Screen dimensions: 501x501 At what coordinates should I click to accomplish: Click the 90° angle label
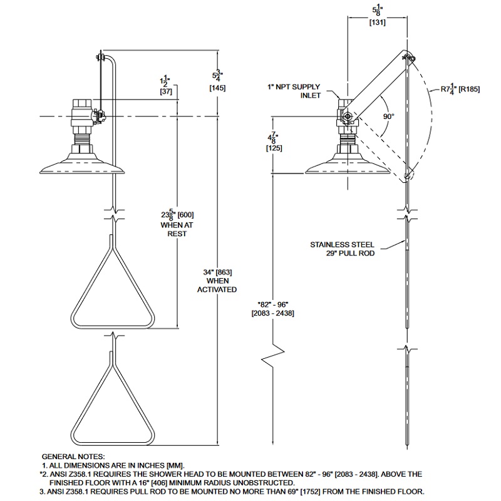(388, 116)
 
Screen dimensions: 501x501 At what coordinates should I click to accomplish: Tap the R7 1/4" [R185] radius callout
(460, 89)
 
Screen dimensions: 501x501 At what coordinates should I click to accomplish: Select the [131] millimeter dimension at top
(378, 23)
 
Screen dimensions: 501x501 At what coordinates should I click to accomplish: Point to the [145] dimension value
(217, 88)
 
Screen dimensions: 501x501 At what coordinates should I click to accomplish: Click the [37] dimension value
(166, 91)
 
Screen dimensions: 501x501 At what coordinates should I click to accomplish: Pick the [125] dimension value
(274, 148)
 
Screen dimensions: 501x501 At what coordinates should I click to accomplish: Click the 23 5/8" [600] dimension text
(177, 214)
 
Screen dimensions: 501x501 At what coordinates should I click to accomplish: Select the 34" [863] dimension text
(217, 272)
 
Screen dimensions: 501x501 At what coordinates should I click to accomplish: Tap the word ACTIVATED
(217, 289)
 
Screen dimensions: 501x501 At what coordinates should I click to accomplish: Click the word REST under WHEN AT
(177, 234)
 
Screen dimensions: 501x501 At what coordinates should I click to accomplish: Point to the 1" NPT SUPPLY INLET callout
(294, 91)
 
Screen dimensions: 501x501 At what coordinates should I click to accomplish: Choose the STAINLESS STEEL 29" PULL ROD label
(342, 249)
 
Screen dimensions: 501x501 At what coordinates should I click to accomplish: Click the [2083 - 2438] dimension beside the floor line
(273, 313)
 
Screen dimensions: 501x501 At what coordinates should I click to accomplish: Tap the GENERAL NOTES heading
(73, 457)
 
